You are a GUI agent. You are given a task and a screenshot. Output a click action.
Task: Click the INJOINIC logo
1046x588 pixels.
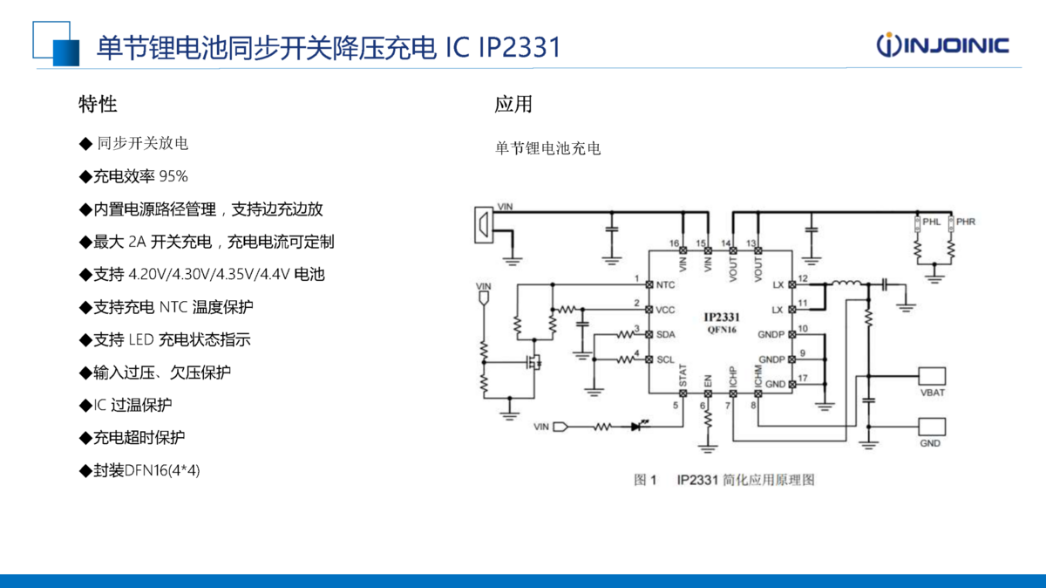[x=942, y=44]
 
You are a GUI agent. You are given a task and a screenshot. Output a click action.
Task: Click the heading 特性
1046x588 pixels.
[x=98, y=105]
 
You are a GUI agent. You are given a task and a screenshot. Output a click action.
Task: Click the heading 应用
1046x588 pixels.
[x=513, y=105]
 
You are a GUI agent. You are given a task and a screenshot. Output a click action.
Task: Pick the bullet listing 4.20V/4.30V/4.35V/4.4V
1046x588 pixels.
[x=201, y=274]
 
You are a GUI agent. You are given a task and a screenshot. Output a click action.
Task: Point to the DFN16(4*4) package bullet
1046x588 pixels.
[x=139, y=470]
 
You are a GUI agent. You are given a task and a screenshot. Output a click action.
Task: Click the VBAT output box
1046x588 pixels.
[x=932, y=376]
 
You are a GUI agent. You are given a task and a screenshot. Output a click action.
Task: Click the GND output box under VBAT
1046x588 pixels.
[x=932, y=427]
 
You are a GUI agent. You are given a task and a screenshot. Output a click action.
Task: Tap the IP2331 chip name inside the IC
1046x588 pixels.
[x=722, y=317]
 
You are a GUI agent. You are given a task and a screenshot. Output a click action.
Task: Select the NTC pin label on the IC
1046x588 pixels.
[x=665, y=284]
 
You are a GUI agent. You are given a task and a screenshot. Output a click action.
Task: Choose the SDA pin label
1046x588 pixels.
[x=665, y=335]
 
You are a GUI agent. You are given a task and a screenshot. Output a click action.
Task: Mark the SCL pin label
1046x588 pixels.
[x=665, y=359]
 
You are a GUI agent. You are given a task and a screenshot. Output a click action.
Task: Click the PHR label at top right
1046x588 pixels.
[x=966, y=222]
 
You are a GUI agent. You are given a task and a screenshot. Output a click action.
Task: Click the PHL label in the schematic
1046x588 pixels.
[x=932, y=222]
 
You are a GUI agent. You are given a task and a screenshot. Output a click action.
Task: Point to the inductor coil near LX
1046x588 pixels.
[x=845, y=283]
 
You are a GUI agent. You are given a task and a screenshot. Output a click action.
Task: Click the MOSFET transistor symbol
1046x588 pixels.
[x=533, y=361]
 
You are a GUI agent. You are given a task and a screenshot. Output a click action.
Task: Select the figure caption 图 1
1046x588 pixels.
[x=645, y=480]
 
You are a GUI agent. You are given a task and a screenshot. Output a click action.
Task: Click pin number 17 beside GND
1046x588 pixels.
[x=803, y=378]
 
